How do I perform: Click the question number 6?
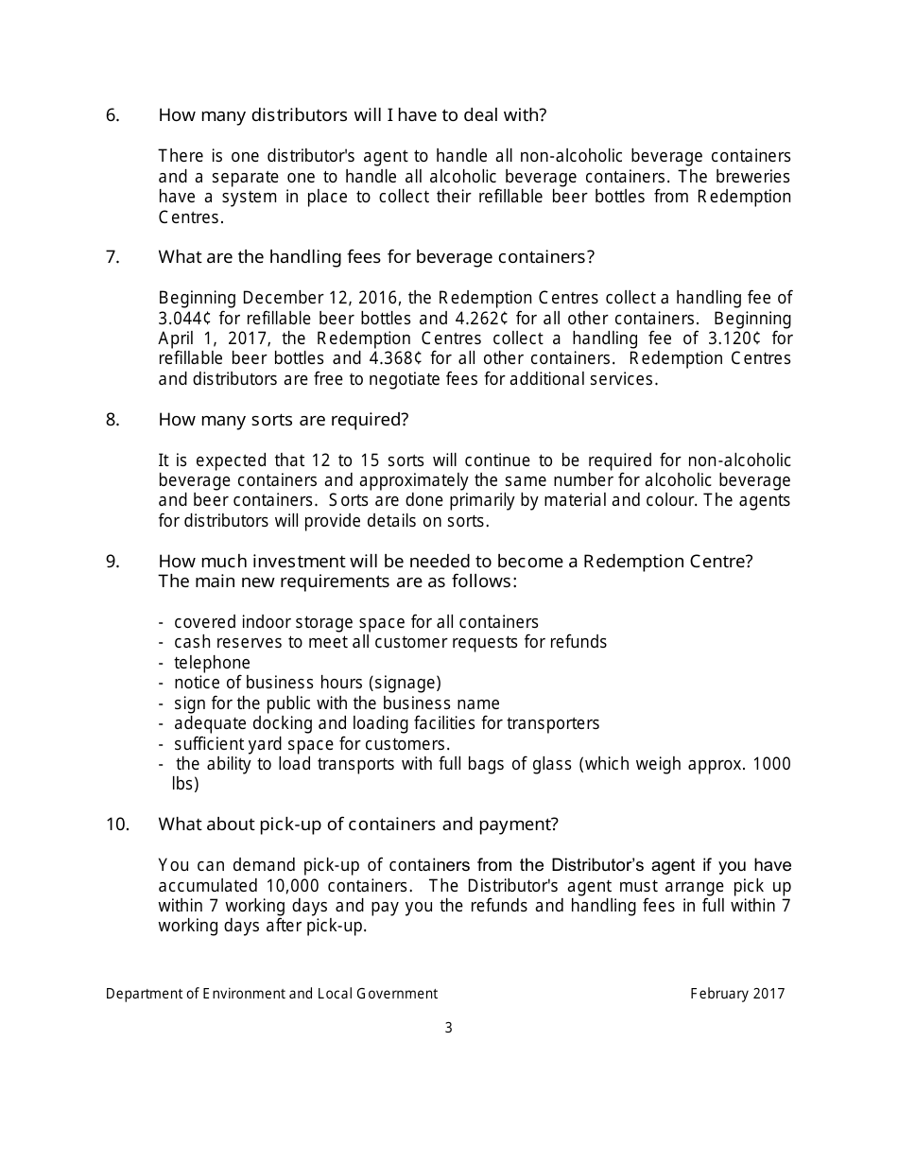112,115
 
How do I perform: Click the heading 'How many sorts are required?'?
283,419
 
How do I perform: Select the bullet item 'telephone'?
212,663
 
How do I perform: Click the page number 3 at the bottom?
449,1028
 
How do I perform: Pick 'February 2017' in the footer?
737,993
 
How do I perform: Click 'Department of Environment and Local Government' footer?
271,993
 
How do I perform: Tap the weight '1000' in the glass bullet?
773,764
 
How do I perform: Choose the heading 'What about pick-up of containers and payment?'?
358,825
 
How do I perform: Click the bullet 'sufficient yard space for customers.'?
312,743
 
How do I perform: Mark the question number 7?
112,257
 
